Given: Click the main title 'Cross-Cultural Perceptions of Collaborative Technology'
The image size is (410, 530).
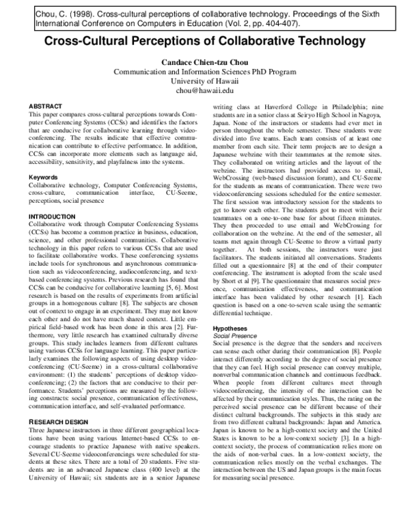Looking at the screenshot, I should [x=205, y=42].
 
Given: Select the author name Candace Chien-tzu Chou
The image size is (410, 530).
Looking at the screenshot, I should [x=205, y=61].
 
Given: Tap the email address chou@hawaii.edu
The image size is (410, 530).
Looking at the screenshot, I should [x=205, y=89].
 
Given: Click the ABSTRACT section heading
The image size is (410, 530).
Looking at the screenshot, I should [x=42, y=107].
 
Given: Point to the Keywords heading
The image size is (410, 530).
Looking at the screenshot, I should [x=41, y=177].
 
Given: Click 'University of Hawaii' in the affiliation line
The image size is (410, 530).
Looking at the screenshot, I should [x=205, y=80].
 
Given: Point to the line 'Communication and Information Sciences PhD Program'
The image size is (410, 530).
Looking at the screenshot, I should [x=205, y=70].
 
